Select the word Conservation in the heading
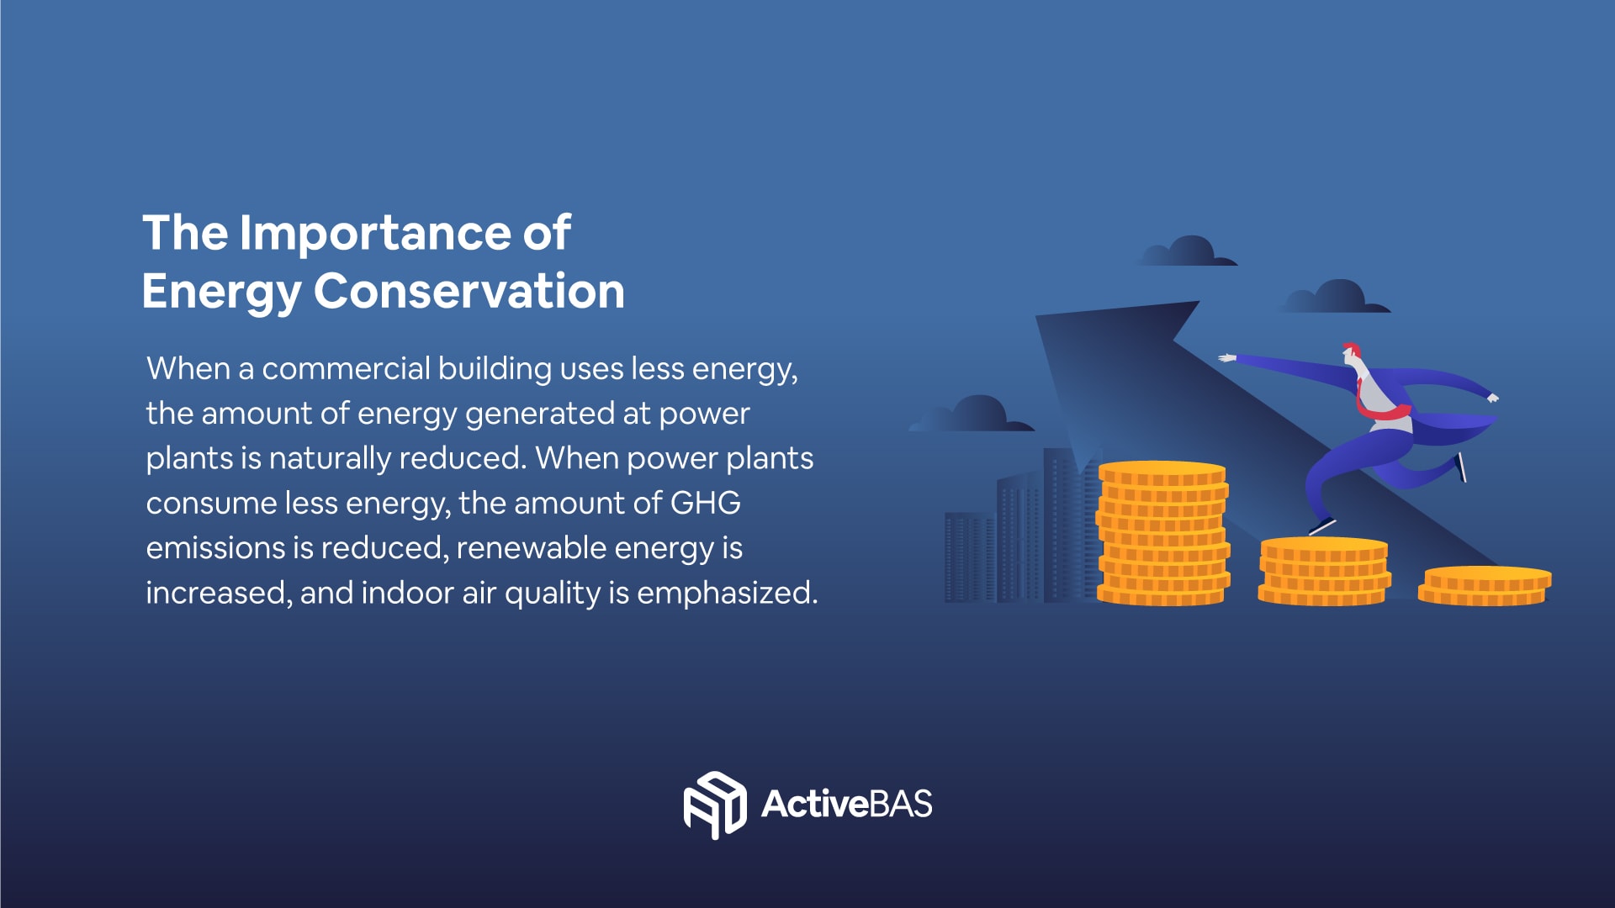pos(469,291)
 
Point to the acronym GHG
pos(705,503)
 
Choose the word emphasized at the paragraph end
pos(728,594)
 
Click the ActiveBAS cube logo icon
pos(715,805)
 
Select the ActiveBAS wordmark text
pos(847,804)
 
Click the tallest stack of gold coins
pos(1162,533)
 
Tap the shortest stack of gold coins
pos(1485,586)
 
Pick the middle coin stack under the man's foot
pos(1324,572)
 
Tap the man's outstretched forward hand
pos(1227,358)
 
